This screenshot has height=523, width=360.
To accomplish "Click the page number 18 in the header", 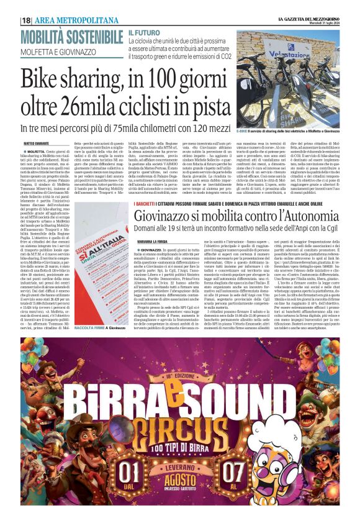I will click(26, 20).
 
